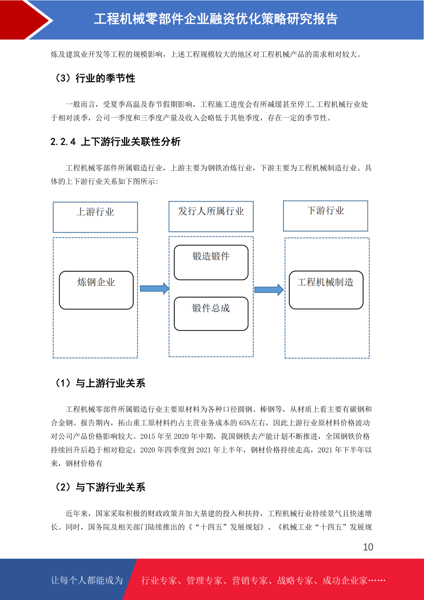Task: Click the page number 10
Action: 368,547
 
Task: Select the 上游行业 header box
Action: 95,217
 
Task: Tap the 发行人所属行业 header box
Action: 211,216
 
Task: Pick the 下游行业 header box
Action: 325,216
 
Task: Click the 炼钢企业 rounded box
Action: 96,290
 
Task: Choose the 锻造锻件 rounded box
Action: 211,263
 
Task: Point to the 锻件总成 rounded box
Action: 211,314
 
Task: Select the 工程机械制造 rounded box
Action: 326,290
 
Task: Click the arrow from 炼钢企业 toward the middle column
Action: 155,289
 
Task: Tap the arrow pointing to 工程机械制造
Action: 269,290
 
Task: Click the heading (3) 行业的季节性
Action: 95,78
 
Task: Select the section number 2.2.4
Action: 63,142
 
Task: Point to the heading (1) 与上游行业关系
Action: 100,383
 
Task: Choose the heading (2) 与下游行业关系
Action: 100,487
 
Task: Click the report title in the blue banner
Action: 216,19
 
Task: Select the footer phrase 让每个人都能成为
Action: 87,580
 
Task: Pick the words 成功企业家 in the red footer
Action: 345,580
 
